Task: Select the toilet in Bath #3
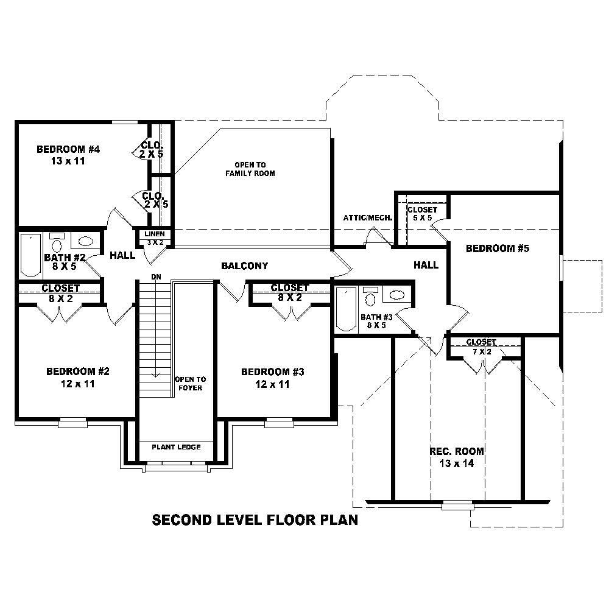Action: pyautogui.click(x=370, y=298)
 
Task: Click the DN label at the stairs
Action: pyautogui.click(x=157, y=277)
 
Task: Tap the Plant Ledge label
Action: pyautogui.click(x=176, y=447)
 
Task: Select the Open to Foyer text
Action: pyautogui.click(x=190, y=383)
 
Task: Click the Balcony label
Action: pyautogui.click(x=244, y=266)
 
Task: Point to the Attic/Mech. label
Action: pyautogui.click(x=367, y=217)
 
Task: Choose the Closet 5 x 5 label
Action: pyautogui.click(x=422, y=213)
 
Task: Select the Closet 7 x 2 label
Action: pyautogui.click(x=481, y=347)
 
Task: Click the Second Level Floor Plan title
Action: pyautogui.click(x=255, y=520)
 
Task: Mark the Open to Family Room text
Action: pyautogui.click(x=250, y=169)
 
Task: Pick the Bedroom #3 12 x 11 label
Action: pyautogui.click(x=272, y=378)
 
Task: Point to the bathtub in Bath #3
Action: pyautogui.click(x=346, y=310)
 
